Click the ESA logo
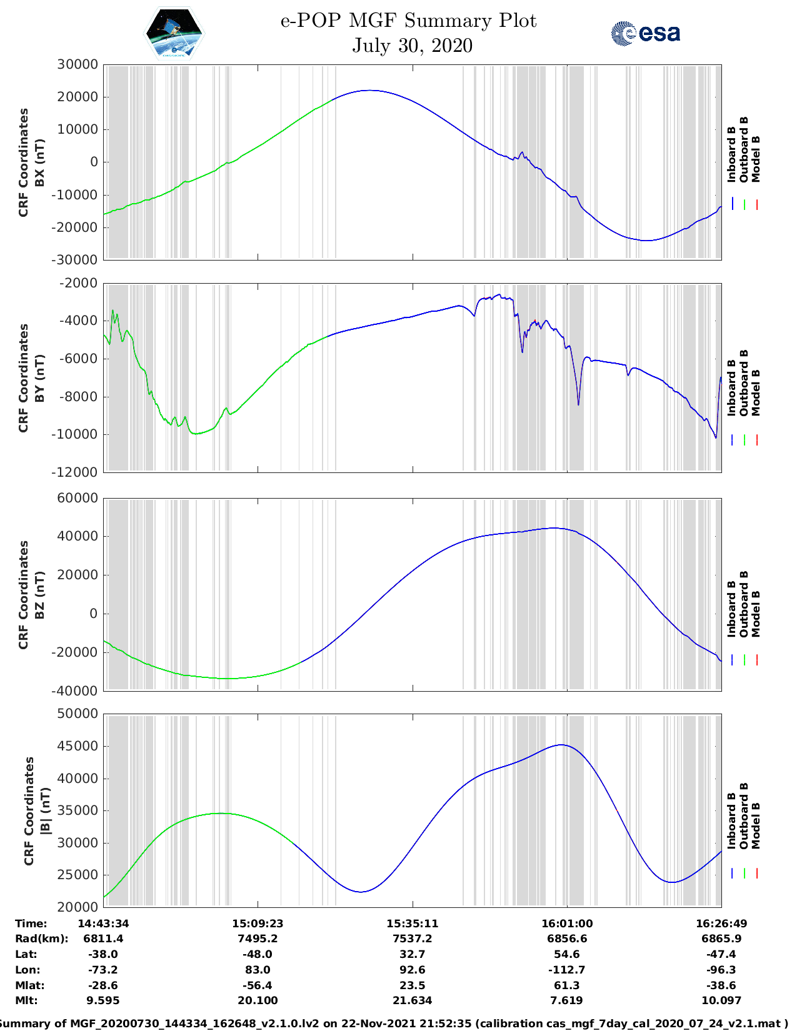pos(645,33)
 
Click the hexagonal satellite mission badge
pos(174,33)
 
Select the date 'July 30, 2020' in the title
pos(412,46)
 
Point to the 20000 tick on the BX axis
pos(77,97)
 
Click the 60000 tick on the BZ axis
pos(77,499)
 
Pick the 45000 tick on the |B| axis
pos(77,747)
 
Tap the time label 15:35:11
pos(412,924)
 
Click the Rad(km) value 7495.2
pos(258,939)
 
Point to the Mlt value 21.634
pos(412,1001)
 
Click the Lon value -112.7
pos(567,970)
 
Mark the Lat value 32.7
pos(412,954)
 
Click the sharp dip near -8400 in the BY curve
pos(578,404)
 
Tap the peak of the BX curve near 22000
pos(370,91)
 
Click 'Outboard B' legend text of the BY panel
pos(744,383)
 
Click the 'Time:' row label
pos(31,924)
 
